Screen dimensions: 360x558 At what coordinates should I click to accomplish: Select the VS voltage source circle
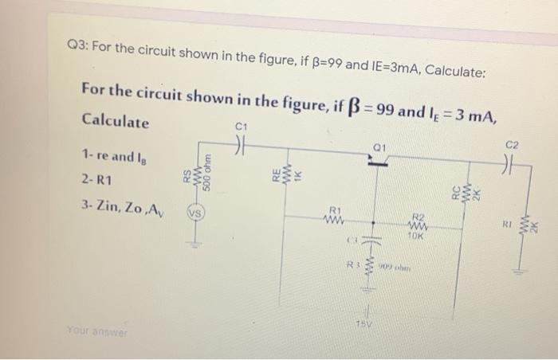[x=193, y=214]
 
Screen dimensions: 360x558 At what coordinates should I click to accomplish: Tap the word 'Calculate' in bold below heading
[x=116, y=123]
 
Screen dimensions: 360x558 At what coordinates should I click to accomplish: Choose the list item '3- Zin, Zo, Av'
[x=120, y=209]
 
